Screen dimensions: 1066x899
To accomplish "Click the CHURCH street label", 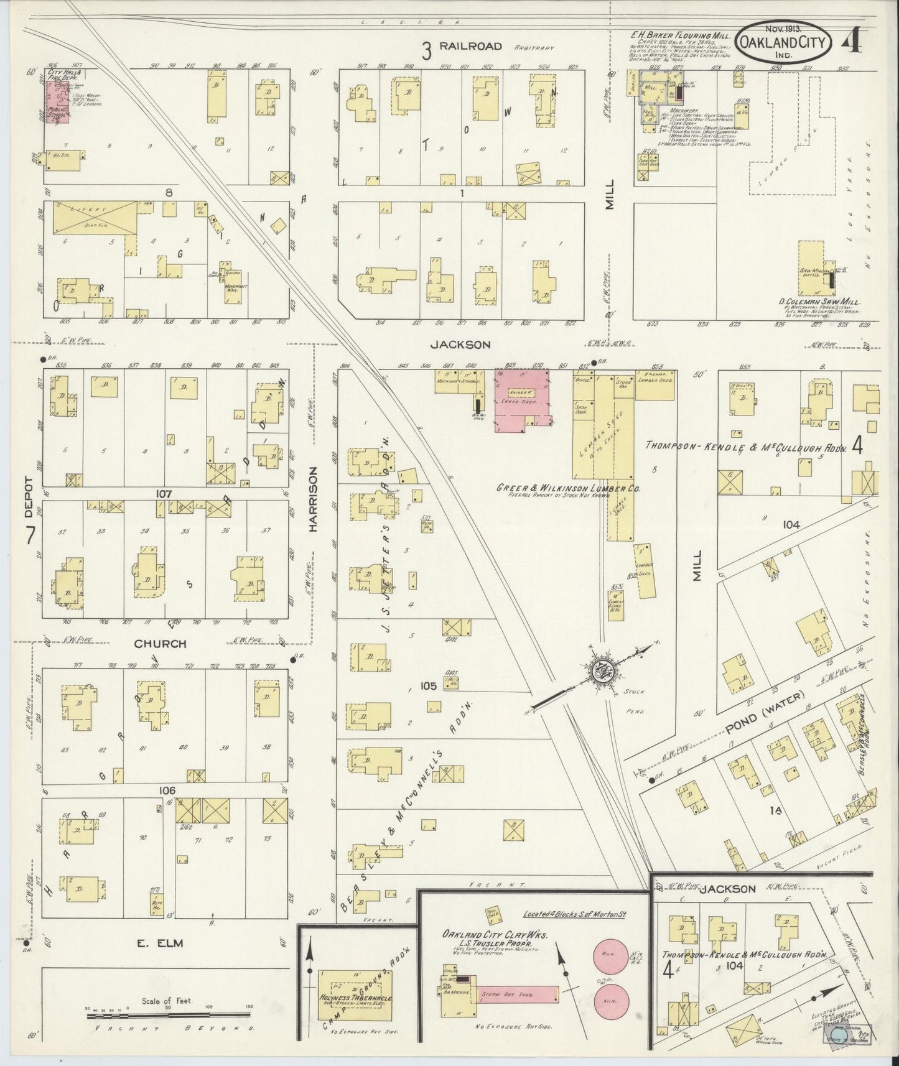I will (161, 644).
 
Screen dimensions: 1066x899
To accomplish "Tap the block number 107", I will (164, 494).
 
